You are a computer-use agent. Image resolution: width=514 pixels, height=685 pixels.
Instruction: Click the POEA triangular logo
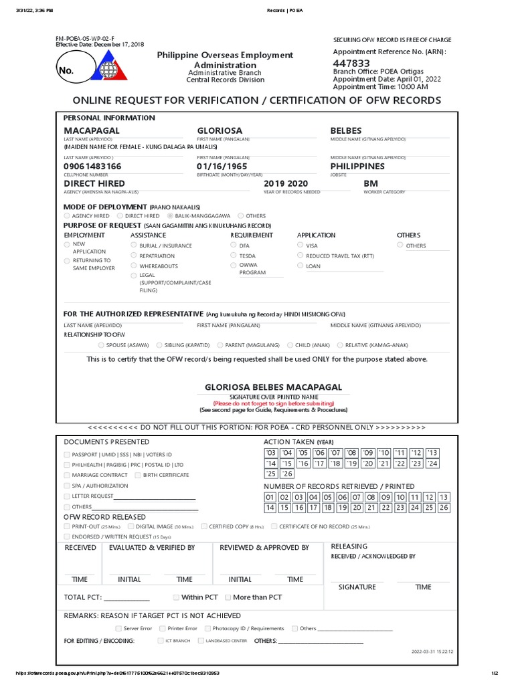click(x=107, y=68)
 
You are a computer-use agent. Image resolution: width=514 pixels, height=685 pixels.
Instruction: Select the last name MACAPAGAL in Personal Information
click(x=92, y=130)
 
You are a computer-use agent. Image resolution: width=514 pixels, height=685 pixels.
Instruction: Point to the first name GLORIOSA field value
click(x=220, y=130)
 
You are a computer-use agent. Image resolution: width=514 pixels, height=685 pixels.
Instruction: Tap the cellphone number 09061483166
click(x=92, y=166)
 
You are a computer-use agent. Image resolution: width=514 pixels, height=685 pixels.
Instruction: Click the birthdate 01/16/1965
click(x=222, y=166)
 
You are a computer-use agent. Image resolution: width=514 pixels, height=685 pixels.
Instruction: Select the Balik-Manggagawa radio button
click(x=171, y=216)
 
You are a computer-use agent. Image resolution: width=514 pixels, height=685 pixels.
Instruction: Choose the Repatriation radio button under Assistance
click(x=133, y=256)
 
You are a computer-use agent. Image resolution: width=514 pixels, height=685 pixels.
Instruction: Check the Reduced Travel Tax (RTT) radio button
click(x=300, y=256)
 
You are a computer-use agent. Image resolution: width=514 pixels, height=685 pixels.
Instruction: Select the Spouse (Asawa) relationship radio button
click(x=101, y=345)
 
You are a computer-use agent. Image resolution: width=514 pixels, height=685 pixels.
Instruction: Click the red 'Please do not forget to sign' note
click(x=273, y=404)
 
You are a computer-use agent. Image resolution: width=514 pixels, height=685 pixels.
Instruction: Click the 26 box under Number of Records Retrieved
click(x=444, y=508)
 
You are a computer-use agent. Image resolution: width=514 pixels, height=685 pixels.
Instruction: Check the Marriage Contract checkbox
click(x=66, y=475)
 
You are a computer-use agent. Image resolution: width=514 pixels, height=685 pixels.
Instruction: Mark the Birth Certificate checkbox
click(x=137, y=475)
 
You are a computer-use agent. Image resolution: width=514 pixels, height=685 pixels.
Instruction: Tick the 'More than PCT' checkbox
click(x=228, y=597)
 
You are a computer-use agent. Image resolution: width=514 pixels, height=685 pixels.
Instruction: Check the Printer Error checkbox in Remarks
click(x=163, y=628)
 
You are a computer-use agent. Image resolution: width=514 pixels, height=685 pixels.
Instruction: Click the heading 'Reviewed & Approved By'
click(x=264, y=547)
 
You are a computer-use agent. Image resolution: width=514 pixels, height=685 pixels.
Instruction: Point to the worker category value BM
click(x=371, y=183)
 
